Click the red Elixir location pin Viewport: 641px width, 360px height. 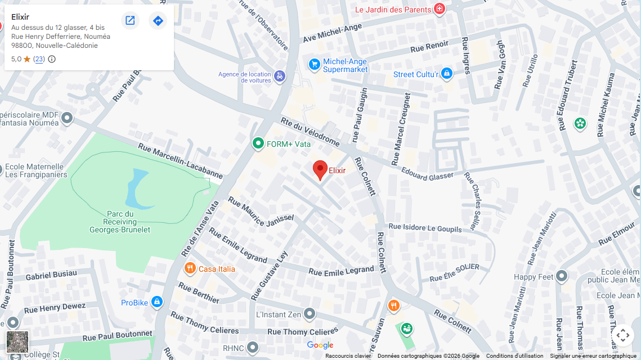click(320, 169)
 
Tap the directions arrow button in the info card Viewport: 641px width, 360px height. click(158, 21)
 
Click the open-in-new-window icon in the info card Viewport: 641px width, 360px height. click(130, 21)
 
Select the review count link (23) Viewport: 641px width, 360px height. click(39, 59)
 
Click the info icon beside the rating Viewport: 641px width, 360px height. click(52, 59)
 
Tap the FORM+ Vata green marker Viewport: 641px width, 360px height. click(258, 143)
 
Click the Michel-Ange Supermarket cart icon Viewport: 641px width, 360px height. click(315, 65)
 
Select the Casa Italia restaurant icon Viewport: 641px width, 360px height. click(190, 268)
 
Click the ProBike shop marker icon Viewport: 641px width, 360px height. click(157, 303)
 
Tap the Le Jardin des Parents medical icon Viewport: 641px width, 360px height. click(440, 9)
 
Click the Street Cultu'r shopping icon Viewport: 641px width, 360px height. click(447, 74)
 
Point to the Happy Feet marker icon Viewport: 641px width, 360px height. click(562, 276)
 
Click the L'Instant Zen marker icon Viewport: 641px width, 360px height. click(310, 314)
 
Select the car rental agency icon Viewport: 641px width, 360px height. click(280, 76)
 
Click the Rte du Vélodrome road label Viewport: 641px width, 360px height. click(310, 133)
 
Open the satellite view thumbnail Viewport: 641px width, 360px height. click(17, 342)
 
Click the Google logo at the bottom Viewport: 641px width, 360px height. click(320, 345)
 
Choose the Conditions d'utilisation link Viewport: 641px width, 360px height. click(514, 355)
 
